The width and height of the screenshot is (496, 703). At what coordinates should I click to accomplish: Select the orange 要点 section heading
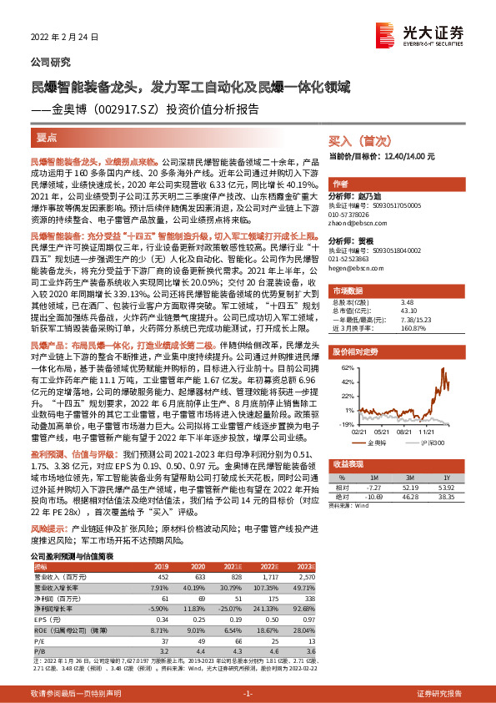48,134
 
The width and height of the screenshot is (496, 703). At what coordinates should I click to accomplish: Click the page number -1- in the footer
248,693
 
